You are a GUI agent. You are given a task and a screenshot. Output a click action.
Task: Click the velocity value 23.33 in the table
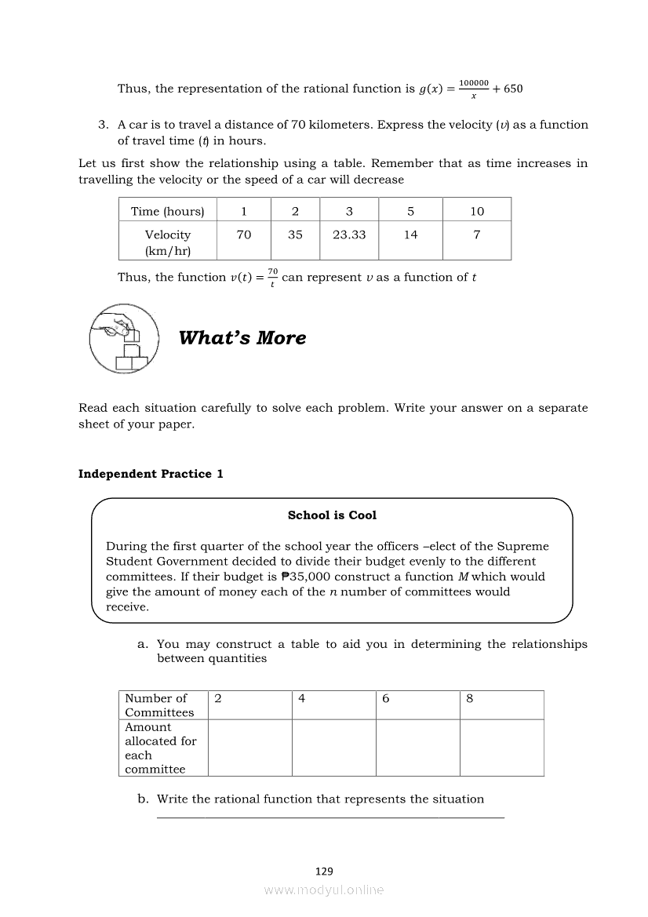click(349, 235)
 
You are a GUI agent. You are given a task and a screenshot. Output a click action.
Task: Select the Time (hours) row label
click(167, 211)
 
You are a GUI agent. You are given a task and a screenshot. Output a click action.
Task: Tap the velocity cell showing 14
click(410, 235)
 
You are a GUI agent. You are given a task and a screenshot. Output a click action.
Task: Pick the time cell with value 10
click(477, 211)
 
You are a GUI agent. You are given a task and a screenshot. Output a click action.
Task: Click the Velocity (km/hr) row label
click(167, 242)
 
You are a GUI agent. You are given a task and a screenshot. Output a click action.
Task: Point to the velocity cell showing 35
click(295, 235)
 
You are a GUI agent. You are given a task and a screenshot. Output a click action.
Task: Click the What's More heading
click(242, 338)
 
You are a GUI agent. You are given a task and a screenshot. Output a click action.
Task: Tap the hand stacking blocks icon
click(123, 338)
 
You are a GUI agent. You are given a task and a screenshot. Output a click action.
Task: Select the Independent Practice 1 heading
click(151, 474)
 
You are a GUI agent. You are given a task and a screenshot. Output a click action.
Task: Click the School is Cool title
click(332, 515)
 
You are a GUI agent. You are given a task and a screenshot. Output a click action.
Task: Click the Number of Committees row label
click(159, 705)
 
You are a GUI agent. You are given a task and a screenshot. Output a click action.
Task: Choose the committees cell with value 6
click(386, 698)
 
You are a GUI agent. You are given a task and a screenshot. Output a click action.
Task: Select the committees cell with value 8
click(470, 698)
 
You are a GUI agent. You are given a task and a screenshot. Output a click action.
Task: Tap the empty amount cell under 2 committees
click(249, 748)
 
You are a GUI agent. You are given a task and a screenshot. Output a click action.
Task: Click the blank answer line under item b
click(330, 817)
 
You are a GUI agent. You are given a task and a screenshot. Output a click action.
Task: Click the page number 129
click(324, 871)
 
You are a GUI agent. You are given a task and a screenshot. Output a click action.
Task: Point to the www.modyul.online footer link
click(324, 890)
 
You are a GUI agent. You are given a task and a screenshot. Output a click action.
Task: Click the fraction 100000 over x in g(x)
click(473, 89)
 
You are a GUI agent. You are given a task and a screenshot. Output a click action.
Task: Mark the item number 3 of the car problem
click(103, 125)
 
